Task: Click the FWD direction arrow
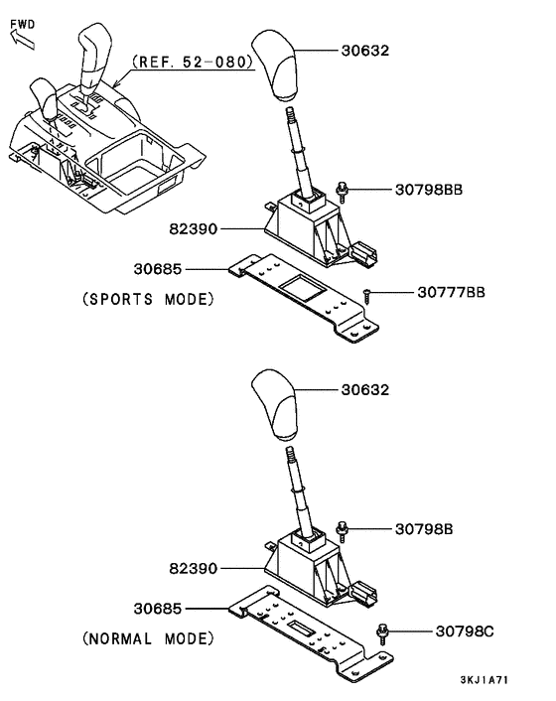tap(23, 40)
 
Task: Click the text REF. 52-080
tap(193, 62)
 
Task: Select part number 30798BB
tap(429, 190)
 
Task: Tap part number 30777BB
tap(451, 292)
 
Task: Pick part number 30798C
tap(465, 631)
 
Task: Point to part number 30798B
tap(424, 529)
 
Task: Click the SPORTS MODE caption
tap(148, 299)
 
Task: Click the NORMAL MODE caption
tap(148, 638)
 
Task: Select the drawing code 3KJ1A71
tap(485, 679)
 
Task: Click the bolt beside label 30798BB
tap(343, 193)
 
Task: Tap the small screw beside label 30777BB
tap(367, 297)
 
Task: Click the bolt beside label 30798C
tap(383, 633)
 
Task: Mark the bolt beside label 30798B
tap(343, 532)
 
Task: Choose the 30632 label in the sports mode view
tap(365, 50)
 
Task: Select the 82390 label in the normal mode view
tap(193, 569)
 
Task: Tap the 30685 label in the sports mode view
tap(158, 269)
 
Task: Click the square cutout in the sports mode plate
tap(304, 288)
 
